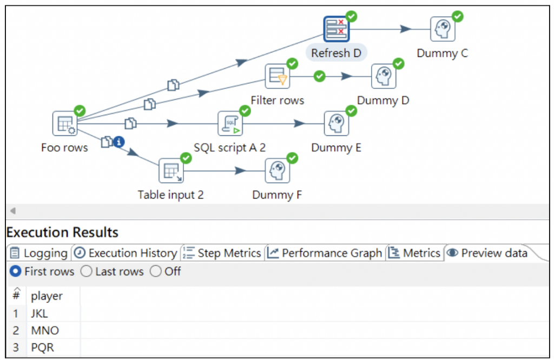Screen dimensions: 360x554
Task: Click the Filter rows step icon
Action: [x=278, y=76]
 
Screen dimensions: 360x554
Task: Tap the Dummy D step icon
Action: [x=384, y=76]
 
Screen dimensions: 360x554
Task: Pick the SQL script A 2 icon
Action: [x=230, y=124]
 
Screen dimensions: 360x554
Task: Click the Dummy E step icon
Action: [x=337, y=124]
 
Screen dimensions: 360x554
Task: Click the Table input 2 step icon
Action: [x=171, y=171]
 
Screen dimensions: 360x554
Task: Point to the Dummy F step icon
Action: [x=277, y=171]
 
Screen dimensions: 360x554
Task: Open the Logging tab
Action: [x=39, y=253]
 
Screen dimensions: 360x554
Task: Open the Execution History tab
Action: [x=126, y=253]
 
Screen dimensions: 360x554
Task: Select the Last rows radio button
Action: [x=86, y=271]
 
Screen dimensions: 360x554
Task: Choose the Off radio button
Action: [x=155, y=271]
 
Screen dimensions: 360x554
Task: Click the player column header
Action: [x=47, y=296]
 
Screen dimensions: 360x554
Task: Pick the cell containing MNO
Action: [x=45, y=330]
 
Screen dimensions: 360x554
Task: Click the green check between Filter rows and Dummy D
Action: [x=320, y=76]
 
